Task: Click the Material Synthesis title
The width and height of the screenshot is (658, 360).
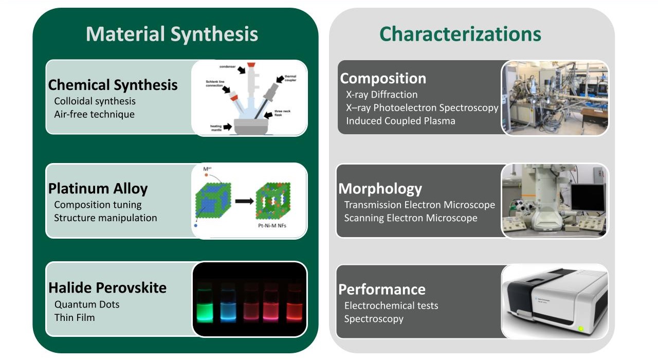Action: (172, 34)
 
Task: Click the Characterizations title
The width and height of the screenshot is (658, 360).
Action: (460, 34)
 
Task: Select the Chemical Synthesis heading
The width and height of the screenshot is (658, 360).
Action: (113, 85)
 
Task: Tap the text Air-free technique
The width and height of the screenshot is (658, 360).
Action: (94, 114)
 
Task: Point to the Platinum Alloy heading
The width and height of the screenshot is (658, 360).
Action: (98, 189)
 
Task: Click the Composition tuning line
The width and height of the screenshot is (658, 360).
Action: (98, 205)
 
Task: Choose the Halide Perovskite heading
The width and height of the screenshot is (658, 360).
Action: (107, 287)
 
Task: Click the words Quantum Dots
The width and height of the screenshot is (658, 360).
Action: (86, 304)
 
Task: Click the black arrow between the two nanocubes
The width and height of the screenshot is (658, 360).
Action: (244, 201)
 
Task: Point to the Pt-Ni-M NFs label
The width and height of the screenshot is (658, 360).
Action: (272, 225)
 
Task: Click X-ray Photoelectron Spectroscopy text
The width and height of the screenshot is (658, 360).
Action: (422, 108)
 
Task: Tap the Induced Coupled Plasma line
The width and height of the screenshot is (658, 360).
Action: (400, 121)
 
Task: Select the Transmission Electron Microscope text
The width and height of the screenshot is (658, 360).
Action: (419, 205)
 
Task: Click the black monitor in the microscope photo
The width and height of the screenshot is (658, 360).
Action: (587, 197)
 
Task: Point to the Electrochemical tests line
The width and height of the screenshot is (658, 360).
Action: (391, 305)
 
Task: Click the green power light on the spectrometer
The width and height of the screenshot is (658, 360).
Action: (581, 329)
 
